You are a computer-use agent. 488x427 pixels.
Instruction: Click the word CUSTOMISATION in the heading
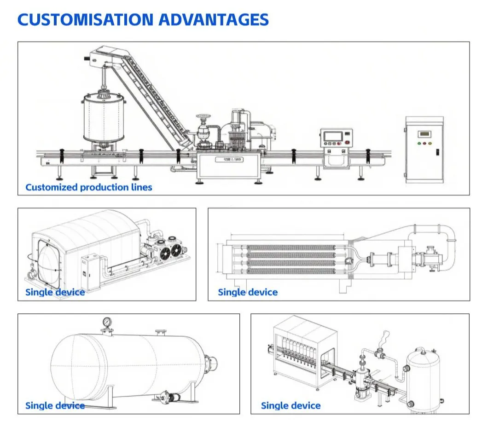85,20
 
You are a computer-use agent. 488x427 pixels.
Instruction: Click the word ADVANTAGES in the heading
214,20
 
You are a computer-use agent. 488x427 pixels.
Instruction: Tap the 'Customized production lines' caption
89,187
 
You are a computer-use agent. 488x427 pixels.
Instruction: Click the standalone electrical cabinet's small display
424,134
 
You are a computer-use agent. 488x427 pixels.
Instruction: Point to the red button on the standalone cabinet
424,144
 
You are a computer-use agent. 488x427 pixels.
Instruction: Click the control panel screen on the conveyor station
333,136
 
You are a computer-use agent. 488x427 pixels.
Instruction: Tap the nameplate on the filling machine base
229,160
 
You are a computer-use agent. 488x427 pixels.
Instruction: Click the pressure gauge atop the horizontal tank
107,321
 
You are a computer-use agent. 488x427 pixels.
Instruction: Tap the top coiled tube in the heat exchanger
291,248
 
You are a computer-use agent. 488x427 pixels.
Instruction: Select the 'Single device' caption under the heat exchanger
248,292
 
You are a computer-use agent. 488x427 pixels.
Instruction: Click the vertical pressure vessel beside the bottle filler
423,380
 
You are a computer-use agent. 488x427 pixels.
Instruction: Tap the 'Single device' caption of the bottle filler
290,405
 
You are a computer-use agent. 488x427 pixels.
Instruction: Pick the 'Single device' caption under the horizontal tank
55,405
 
